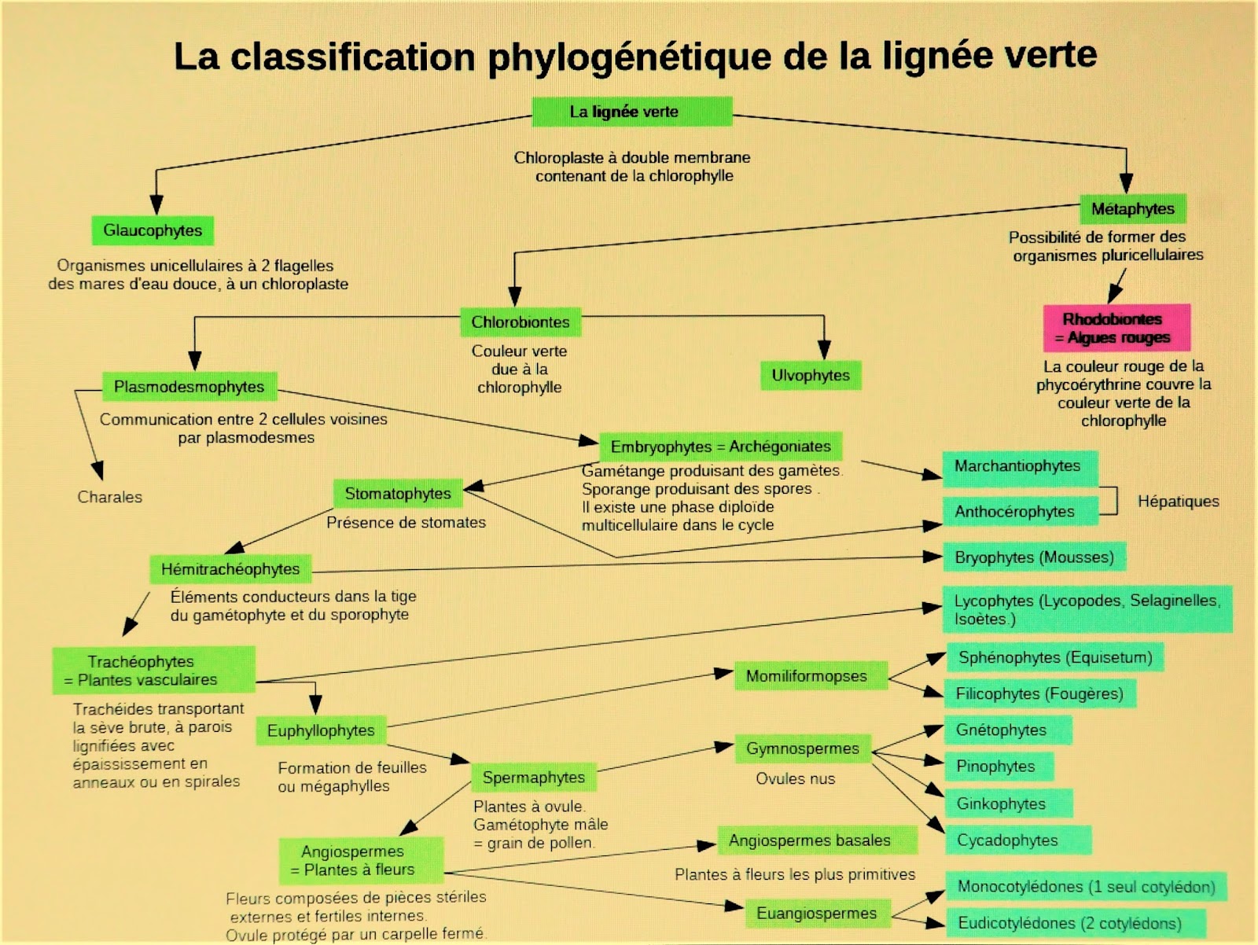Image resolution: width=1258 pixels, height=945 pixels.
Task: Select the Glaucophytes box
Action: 153,230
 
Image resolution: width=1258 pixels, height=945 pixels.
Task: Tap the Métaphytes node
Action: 1132,209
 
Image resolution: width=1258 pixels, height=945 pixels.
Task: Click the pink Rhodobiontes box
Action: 1116,328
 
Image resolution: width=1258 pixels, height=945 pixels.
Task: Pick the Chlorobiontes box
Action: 520,322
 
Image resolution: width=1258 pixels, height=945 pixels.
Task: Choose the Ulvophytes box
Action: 811,375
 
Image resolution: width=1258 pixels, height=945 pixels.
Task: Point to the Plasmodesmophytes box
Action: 189,386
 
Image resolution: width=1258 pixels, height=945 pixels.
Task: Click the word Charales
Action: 110,497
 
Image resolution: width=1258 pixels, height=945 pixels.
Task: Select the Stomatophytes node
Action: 398,494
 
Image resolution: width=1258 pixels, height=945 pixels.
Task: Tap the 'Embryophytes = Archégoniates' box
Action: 720,447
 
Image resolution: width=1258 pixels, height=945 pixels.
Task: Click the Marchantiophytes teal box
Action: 1019,466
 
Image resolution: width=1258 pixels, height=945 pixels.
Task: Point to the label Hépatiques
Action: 1178,501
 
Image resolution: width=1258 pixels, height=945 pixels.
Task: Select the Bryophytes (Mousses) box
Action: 1035,557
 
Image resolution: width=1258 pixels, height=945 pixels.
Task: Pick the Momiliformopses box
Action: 807,676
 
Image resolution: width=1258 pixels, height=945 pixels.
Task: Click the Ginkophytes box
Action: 1002,803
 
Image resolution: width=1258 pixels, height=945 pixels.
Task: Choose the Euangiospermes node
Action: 816,913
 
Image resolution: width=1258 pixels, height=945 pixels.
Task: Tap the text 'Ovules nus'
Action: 795,778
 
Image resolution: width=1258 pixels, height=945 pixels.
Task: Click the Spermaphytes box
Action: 534,778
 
